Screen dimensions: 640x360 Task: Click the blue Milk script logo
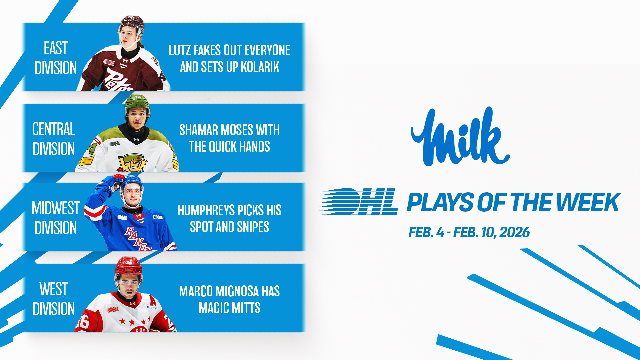460,137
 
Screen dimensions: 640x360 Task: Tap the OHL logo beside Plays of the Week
358,201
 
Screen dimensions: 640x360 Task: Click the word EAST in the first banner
56,48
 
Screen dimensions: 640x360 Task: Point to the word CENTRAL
54,129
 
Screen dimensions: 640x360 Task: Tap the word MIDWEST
56,208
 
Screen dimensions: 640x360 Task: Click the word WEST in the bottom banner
53,289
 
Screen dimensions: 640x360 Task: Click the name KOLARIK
260,67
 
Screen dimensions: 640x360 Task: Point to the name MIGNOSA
237,291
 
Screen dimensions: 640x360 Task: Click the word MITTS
246,308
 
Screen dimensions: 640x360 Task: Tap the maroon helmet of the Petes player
132,24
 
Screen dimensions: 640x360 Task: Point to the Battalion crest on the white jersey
133,163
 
